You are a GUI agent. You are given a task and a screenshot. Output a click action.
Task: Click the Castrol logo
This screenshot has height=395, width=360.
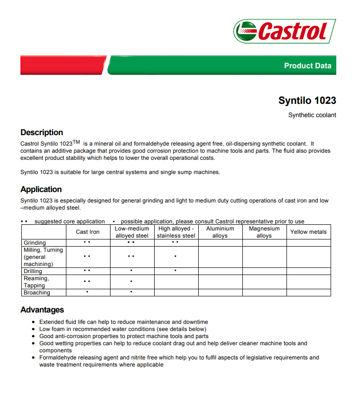click(285, 31)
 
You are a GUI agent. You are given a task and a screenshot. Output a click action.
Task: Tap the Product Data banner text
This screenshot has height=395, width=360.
click(307, 66)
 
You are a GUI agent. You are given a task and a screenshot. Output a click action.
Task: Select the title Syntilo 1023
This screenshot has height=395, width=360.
click(307, 101)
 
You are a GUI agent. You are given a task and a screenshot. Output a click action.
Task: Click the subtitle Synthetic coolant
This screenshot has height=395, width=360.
click(312, 115)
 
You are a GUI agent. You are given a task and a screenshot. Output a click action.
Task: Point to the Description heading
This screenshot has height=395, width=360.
click(42, 133)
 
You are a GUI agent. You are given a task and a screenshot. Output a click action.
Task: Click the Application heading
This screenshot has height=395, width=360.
click(41, 190)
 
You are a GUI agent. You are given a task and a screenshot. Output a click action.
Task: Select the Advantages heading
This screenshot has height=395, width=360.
click(42, 310)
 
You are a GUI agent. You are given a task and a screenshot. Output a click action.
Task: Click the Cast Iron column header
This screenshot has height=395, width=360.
click(88, 232)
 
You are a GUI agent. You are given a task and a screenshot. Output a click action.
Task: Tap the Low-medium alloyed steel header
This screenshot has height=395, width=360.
click(132, 232)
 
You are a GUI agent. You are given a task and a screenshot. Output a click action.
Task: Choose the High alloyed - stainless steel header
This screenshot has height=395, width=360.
click(176, 232)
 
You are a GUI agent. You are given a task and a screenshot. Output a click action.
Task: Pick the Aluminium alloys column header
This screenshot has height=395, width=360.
click(220, 232)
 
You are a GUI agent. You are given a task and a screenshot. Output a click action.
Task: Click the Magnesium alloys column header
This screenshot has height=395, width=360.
click(264, 232)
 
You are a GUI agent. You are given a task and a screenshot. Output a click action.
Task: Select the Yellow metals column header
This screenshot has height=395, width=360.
click(308, 232)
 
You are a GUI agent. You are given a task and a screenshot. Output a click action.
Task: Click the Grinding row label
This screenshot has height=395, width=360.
click(35, 243)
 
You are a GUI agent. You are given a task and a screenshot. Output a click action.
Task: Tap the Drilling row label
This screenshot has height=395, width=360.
click(33, 271)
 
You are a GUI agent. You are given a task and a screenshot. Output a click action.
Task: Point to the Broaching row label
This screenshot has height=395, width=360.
click(37, 293)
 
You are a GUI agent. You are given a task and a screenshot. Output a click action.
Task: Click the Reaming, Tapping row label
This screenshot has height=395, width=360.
click(36, 282)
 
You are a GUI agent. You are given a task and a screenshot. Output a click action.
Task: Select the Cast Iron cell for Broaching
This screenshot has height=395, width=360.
click(87, 292)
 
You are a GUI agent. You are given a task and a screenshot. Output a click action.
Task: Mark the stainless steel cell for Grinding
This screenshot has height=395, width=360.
click(175, 242)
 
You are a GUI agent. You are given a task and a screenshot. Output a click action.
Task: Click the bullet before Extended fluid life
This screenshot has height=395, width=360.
click(33, 322)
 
